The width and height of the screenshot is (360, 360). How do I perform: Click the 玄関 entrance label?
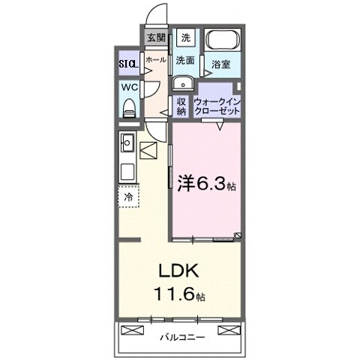pos(155,37)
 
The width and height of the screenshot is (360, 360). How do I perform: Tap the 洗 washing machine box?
pos(184,37)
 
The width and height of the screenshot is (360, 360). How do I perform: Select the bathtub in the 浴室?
pos(222,42)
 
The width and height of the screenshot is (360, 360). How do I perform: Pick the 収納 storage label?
pos(181,105)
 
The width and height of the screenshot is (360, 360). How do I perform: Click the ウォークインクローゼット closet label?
pos(217,105)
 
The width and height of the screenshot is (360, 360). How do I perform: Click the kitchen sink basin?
pos(127,140)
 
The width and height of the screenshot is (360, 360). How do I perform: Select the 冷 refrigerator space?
pos(127,197)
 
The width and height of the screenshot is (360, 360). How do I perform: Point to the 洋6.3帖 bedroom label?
pos(206,182)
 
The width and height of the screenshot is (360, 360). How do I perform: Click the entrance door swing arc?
pos(156,15)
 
